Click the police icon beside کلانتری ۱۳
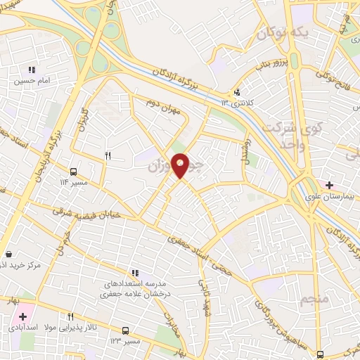pyautogui.click(x=237, y=91)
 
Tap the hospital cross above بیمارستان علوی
pyautogui.click(x=329, y=184)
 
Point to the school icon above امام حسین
pyautogui.click(x=31, y=70)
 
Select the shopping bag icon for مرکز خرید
pyautogui.click(x=8, y=254)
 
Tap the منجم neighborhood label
pyautogui.click(x=314, y=300)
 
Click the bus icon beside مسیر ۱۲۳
pyautogui.click(x=126, y=330)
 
